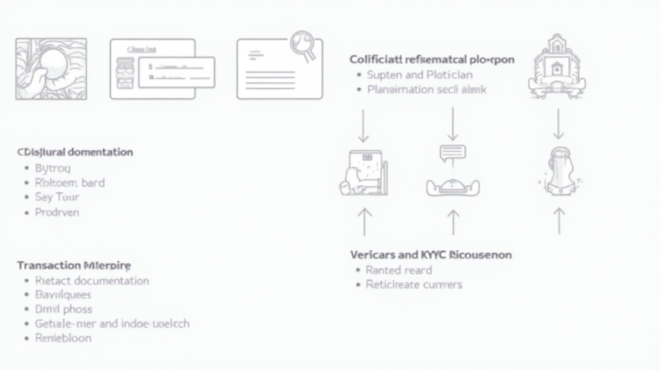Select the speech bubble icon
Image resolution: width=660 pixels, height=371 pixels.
[452, 153]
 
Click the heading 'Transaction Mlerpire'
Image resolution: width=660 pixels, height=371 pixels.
[73, 265]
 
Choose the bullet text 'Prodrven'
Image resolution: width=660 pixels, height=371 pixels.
[57, 212]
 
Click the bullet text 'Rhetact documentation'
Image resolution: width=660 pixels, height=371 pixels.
[92, 281]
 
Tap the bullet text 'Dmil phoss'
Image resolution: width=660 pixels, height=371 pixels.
[63, 309]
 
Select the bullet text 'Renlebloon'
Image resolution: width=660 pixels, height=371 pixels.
[63, 338]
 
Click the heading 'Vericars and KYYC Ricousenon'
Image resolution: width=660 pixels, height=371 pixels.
[431, 254]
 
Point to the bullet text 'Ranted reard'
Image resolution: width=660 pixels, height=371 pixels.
[398, 270]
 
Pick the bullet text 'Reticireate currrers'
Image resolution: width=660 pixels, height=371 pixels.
[413, 284]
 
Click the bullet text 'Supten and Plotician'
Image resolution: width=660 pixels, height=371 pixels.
[411, 75]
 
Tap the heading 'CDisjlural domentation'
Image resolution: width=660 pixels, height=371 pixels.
[75, 152]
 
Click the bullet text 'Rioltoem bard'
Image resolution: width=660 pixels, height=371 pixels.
[70, 182]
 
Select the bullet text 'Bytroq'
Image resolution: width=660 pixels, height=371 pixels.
[52, 167]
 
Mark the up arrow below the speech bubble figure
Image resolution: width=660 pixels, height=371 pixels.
[453, 222]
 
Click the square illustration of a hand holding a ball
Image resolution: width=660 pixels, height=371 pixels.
[51, 68]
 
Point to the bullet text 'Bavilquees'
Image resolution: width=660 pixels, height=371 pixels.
[63, 295]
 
